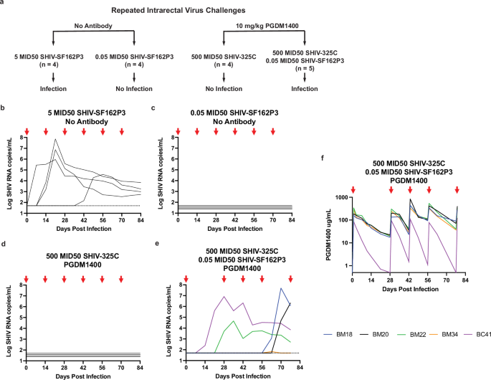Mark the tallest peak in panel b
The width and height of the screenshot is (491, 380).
click(55, 139)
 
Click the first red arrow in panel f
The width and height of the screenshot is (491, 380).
click(353, 189)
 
